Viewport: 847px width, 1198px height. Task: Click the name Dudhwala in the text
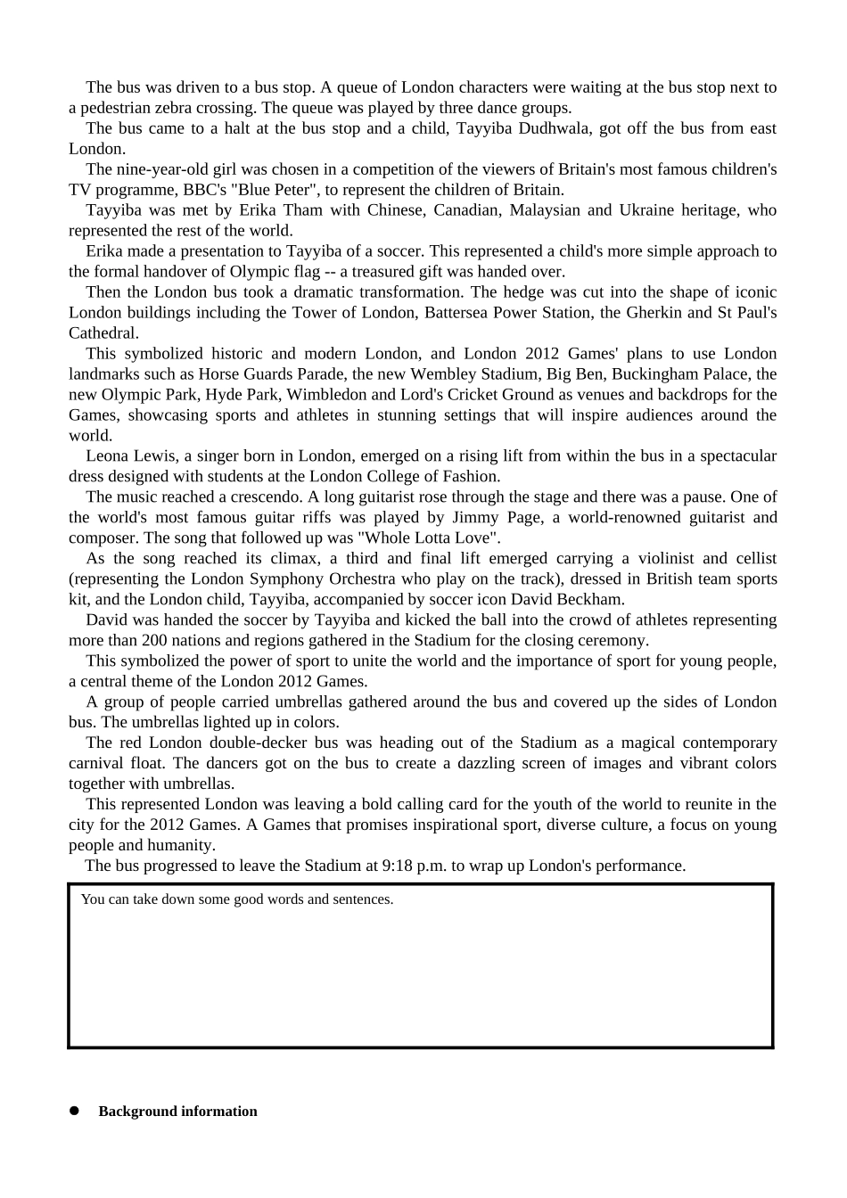coord(549,128)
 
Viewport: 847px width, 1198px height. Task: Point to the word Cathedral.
coord(103,333)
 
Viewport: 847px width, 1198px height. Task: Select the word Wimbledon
coord(326,395)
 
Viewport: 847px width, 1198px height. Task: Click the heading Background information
coord(177,1112)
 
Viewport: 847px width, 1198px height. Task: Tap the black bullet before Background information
coord(75,1112)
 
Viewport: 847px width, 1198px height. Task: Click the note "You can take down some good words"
coord(236,899)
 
